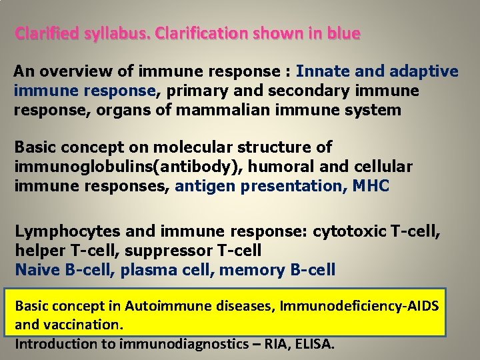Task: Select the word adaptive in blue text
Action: coord(421,71)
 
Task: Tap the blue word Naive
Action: coord(37,270)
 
